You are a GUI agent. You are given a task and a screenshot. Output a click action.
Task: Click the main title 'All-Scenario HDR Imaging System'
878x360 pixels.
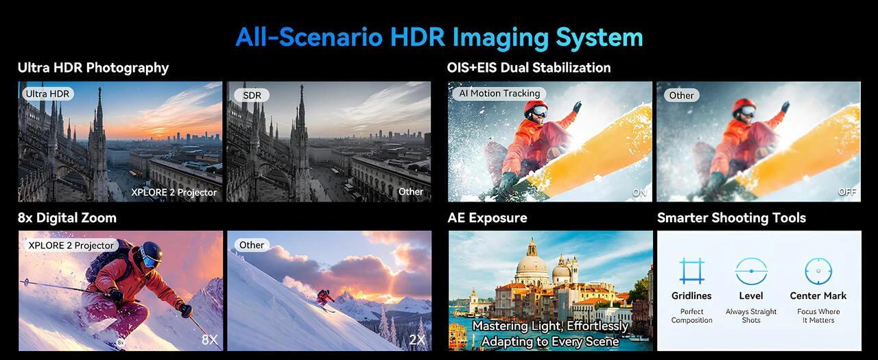pyautogui.click(x=439, y=36)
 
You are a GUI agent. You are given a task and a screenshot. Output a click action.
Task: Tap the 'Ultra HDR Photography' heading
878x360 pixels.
pyautogui.click(x=93, y=67)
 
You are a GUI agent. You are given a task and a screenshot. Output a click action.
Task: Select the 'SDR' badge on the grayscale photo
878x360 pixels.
pyautogui.click(x=252, y=95)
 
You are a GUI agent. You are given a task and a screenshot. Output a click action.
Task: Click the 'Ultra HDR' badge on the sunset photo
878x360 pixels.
pyautogui.click(x=47, y=94)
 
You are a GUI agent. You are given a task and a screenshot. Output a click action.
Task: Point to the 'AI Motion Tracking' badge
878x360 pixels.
pyautogui.click(x=499, y=93)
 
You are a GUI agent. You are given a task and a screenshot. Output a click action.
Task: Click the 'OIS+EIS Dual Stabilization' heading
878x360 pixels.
pyautogui.click(x=528, y=67)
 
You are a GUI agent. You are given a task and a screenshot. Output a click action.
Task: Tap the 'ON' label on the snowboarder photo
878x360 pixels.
pyautogui.click(x=639, y=193)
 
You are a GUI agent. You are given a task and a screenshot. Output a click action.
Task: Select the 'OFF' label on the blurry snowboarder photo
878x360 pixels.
pyautogui.click(x=847, y=192)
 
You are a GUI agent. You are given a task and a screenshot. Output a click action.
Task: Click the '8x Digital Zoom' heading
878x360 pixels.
pyautogui.click(x=67, y=218)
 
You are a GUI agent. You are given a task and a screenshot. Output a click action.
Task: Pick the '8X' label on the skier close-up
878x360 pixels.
pyautogui.click(x=209, y=339)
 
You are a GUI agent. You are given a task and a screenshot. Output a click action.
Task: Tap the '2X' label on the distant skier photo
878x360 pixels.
pyautogui.click(x=417, y=339)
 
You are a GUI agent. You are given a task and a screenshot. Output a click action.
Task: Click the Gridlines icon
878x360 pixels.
pyautogui.click(x=691, y=271)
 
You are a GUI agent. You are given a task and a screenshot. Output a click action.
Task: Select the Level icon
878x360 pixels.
pyautogui.click(x=751, y=271)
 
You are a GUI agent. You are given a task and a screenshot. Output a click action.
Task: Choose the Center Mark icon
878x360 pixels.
pyautogui.click(x=818, y=271)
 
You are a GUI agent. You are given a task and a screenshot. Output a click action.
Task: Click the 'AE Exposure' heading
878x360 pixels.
pyautogui.click(x=487, y=218)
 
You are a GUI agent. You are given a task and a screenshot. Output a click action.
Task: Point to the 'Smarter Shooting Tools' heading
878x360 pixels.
pyautogui.click(x=731, y=218)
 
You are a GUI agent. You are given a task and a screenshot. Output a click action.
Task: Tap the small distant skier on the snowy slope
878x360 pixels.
pyautogui.click(x=325, y=298)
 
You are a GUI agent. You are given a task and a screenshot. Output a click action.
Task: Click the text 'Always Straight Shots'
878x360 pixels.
pyautogui.click(x=751, y=316)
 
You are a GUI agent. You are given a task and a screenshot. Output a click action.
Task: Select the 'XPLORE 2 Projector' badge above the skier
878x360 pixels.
pyautogui.click(x=71, y=245)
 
